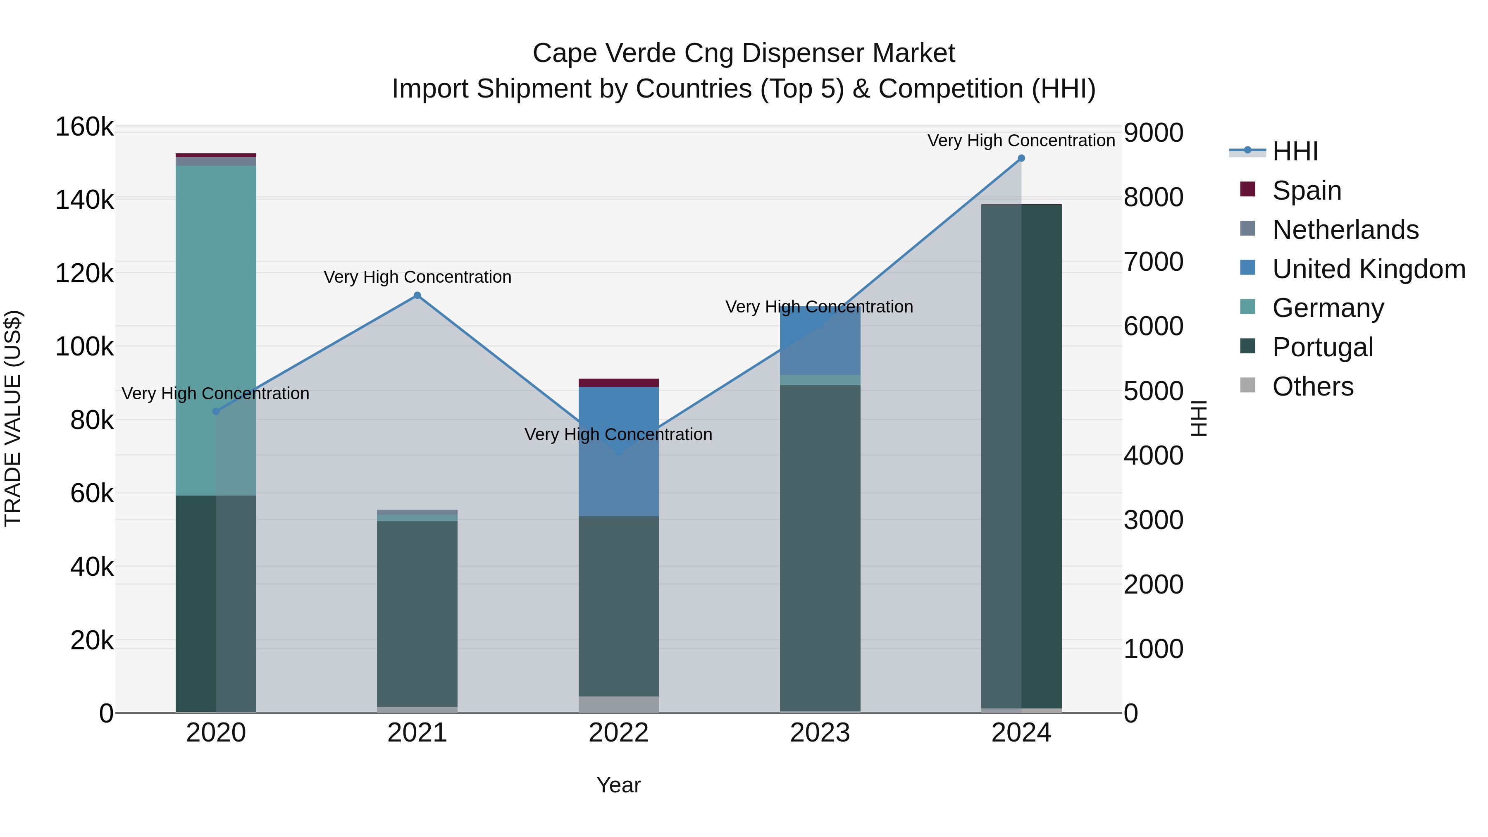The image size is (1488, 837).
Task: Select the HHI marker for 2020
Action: (x=216, y=411)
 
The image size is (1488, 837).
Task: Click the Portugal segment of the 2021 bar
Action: (x=417, y=612)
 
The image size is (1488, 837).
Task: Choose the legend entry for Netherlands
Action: (x=1345, y=230)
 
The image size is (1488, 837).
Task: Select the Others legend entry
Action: (x=1312, y=386)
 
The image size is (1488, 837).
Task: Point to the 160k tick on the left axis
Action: (x=84, y=127)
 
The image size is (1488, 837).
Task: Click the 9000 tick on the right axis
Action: (x=1153, y=132)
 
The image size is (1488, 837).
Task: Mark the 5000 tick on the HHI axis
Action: (x=1153, y=391)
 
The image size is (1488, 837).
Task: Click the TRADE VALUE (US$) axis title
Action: (x=13, y=418)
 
